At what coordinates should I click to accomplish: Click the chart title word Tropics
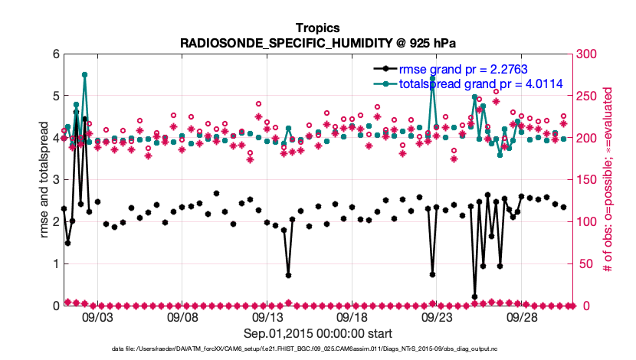point(317,28)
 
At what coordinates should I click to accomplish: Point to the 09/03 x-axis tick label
point(97,316)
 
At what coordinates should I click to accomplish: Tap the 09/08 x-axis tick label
point(182,316)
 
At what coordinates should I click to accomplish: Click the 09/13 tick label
point(267,316)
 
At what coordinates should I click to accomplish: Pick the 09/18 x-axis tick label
point(352,316)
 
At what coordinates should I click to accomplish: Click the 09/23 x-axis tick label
point(437,316)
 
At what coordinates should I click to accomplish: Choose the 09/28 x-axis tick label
point(522,316)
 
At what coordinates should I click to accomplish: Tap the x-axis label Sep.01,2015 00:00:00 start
point(317,333)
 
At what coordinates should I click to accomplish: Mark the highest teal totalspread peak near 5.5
point(84,75)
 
